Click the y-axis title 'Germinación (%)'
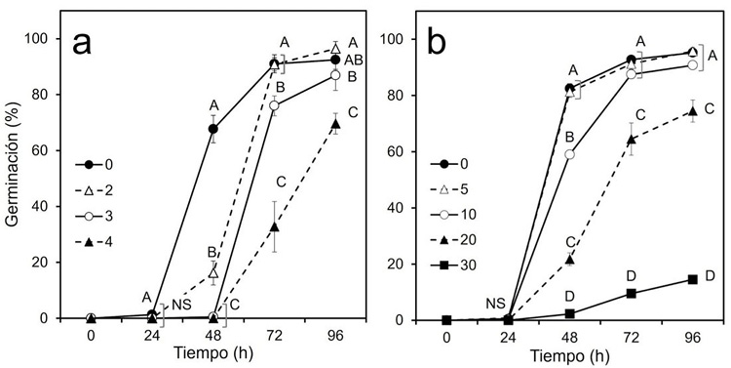[x=14, y=180]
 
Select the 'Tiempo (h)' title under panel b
[x=569, y=355]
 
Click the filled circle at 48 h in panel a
[x=213, y=129]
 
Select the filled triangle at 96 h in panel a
[x=336, y=124]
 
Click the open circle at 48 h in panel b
[x=570, y=154]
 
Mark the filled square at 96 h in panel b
[x=693, y=279]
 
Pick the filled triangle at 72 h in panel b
[x=632, y=140]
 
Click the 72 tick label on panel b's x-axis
[x=632, y=336]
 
